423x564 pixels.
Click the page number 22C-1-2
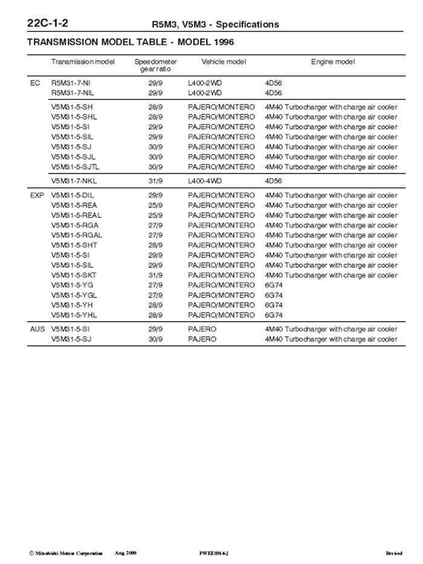[48, 24]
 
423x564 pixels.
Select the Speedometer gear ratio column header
[155, 65]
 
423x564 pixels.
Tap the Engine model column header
[333, 62]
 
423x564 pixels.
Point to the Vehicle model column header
[224, 62]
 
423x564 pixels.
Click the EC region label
[35, 83]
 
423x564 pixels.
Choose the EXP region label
[37, 196]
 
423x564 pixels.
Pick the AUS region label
[37, 329]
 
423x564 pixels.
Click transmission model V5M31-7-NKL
[74, 181]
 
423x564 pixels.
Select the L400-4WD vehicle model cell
[205, 181]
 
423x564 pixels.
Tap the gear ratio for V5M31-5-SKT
[155, 275]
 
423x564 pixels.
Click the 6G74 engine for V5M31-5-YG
[274, 285]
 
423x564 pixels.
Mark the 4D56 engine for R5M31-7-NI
[274, 83]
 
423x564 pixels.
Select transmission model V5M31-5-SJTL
[76, 167]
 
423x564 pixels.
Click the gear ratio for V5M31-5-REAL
[155, 215]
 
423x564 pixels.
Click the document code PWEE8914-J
[213, 553]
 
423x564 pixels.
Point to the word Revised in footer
[393, 553]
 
